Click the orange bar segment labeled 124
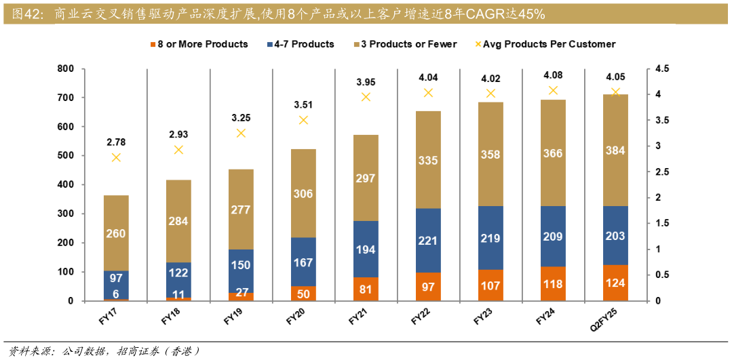pos(615,283)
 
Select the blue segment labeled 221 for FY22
pos(428,240)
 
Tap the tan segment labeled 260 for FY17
pos(116,233)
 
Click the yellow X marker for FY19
pos(241,133)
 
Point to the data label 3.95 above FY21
pos(366,82)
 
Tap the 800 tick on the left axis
pos(65,68)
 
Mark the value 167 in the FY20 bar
pos(303,262)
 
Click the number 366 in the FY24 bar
pos(553,154)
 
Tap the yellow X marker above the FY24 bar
pos(553,90)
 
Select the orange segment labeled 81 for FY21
pos(366,289)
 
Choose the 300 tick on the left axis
pos(65,214)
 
